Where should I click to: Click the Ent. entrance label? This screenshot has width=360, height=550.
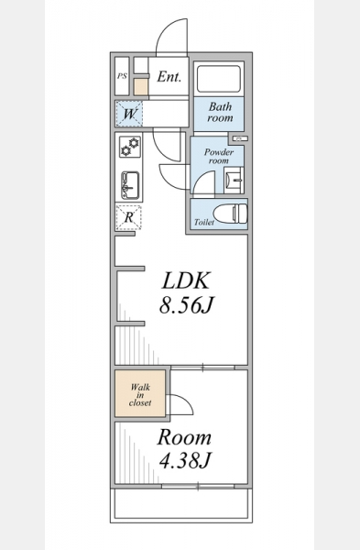coord(169,76)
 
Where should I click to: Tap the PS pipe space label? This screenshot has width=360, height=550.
coord(122,76)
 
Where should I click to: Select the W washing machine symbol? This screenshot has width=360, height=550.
coord(129,114)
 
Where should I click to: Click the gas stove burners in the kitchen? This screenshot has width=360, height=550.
coord(130,147)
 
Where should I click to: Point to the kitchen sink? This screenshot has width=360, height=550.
coord(130,185)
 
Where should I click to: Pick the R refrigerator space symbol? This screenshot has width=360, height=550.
coord(128,217)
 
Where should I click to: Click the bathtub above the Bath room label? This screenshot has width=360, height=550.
coord(218,78)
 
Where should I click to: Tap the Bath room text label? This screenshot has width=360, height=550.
coord(220,112)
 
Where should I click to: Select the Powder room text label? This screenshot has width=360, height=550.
coord(219,156)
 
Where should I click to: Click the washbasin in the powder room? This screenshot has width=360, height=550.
coord(234,181)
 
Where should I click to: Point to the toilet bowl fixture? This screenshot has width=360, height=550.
coord(231,214)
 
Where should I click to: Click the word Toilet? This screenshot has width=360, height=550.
coord(204,223)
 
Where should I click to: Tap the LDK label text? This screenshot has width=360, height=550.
coord(185,280)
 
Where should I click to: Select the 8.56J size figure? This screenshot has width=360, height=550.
coord(186,304)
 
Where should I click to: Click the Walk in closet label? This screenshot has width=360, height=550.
coord(140,395)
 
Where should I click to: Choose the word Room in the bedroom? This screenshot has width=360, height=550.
coord(184,437)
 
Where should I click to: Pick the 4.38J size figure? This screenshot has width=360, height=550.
coord(185,460)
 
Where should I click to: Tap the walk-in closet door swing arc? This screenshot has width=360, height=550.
coord(186,401)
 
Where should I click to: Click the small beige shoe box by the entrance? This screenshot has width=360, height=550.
coord(141,87)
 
